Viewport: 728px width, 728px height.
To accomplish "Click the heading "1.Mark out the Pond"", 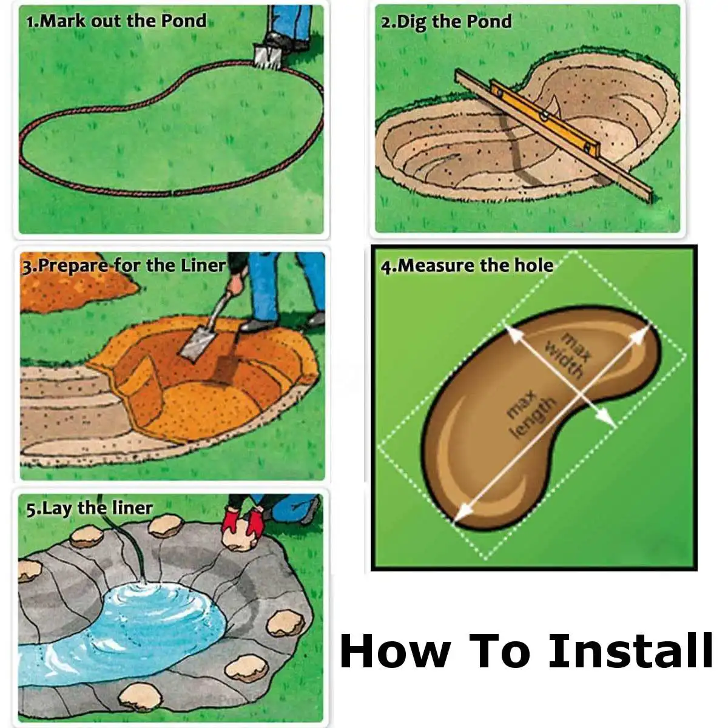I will click(116, 21).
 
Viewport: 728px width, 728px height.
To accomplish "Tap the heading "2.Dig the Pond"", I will click(446, 22).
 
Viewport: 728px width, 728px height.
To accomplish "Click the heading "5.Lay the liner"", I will click(89, 508).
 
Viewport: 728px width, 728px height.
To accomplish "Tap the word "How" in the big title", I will click(394, 651).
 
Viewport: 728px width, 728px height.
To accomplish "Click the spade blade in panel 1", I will click(265, 57).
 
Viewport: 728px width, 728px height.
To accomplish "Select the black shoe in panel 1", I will click(280, 41).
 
